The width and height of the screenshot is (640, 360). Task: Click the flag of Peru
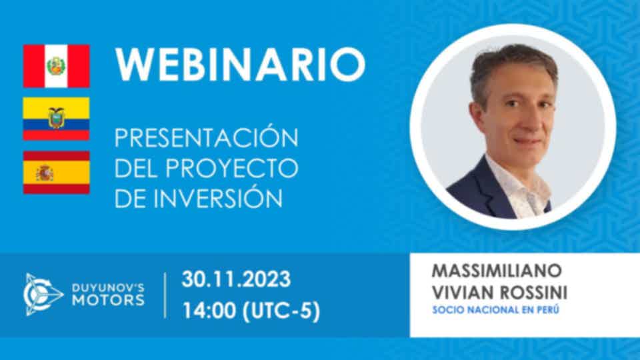(x=56, y=66)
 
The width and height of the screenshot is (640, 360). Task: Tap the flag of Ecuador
(x=56, y=119)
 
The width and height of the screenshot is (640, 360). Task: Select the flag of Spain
(x=56, y=172)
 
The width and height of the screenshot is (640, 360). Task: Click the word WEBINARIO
(x=240, y=65)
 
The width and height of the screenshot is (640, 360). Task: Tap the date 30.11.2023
(x=236, y=279)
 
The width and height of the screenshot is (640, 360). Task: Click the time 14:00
(x=208, y=311)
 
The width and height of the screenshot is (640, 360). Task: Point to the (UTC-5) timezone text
(x=281, y=311)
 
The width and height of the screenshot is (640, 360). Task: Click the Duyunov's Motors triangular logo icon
(x=43, y=294)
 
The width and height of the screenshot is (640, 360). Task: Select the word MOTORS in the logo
(x=108, y=301)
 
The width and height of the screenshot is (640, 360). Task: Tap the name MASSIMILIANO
(x=497, y=271)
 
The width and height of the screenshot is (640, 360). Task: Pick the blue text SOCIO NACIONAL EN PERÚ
(x=495, y=310)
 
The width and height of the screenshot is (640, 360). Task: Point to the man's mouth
(x=529, y=141)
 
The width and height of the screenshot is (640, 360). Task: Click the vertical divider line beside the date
(x=165, y=295)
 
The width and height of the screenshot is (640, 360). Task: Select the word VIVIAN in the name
(x=463, y=292)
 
